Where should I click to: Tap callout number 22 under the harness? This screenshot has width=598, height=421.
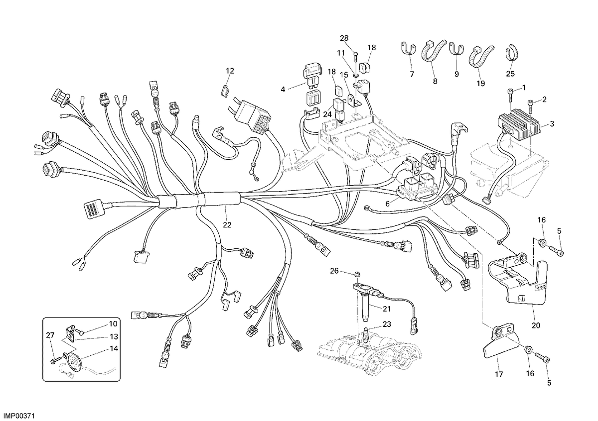227,225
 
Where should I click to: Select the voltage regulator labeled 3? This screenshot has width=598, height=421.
518,126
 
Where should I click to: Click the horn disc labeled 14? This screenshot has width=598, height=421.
73,361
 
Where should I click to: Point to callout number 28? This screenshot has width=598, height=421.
344,38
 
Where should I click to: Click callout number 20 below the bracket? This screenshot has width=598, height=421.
536,325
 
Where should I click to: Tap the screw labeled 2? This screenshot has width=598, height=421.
530,106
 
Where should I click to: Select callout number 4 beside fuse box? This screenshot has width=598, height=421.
283,90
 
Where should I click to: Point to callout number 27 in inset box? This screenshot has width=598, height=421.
50,335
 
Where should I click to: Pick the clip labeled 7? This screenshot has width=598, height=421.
409,49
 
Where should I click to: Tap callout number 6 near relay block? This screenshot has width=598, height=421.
387,204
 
